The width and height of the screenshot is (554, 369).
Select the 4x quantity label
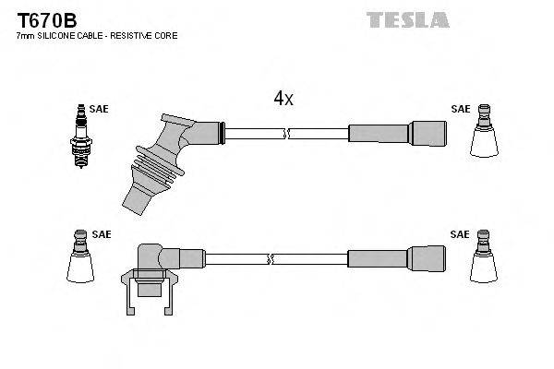[x=283, y=99]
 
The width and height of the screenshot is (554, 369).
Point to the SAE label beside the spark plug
[x=99, y=109]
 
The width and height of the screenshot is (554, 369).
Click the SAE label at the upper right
[x=460, y=109]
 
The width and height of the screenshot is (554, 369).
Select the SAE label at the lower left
[x=101, y=234]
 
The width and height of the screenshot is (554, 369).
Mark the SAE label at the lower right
[x=460, y=234]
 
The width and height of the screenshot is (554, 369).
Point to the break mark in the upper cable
[x=288, y=133]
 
